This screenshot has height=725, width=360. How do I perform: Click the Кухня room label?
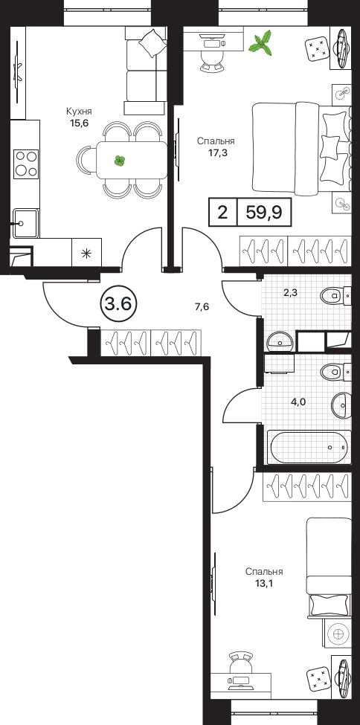(79, 112)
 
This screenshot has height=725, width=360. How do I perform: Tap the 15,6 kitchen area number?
(79, 123)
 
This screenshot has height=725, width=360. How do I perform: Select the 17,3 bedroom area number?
(216, 152)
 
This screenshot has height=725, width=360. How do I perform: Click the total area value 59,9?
(264, 213)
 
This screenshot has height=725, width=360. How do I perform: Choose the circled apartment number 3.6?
(118, 304)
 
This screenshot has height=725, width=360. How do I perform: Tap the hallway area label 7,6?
(202, 306)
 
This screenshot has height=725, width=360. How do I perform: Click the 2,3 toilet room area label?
(290, 292)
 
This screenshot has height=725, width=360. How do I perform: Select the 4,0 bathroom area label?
(298, 402)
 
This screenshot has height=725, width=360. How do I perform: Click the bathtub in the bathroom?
(309, 447)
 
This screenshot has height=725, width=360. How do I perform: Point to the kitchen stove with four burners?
(26, 164)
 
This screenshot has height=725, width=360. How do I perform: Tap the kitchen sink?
(25, 223)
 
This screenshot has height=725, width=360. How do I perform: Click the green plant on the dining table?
(120, 161)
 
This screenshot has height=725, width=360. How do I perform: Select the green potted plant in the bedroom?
(260, 43)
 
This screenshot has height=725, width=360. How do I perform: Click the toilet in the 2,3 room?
(336, 294)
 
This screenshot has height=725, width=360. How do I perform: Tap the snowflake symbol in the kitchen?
(86, 253)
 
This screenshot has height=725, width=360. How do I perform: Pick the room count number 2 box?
(222, 213)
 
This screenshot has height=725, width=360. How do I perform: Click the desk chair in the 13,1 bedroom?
(240, 663)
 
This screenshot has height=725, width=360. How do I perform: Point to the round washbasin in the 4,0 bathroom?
(341, 405)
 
